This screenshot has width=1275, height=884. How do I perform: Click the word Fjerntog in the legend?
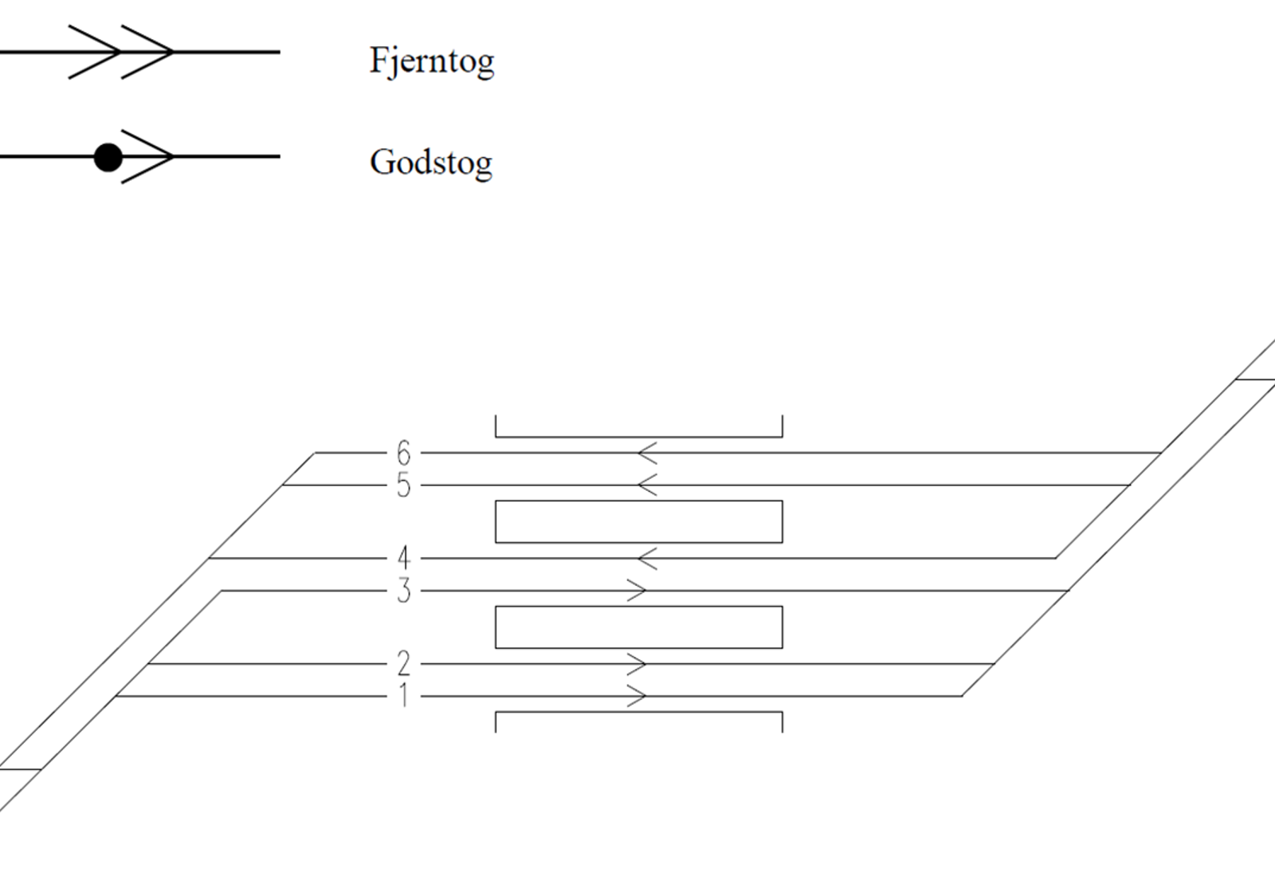(432, 61)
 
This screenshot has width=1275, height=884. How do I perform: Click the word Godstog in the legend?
(431, 163)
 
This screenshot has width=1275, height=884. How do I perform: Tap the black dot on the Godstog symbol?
(108, 157)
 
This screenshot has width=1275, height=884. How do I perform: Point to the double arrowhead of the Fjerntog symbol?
(120, 52)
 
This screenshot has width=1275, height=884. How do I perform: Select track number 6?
(403, 453)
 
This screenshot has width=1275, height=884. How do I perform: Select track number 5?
(403, 485)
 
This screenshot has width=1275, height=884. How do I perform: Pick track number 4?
(403, 559)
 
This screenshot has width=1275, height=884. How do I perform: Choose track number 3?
(403, 591)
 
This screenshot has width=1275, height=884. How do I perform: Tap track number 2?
(403, 664)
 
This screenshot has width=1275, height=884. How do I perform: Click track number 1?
(404, 696)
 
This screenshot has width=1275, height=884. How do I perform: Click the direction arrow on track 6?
(648, 453)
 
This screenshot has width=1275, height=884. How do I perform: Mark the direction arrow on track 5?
(648, 485)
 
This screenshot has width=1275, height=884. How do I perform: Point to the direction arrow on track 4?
(648, 559)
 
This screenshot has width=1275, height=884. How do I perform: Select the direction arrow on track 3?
(637, 591)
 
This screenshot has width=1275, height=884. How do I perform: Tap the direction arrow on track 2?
(637, 664)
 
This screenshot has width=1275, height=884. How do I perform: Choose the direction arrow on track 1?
(637, 696)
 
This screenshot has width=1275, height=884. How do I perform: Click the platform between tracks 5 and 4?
(639, 501)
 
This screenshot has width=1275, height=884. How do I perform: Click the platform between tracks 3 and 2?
(639, 607)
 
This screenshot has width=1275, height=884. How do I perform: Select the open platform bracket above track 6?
(639, 437)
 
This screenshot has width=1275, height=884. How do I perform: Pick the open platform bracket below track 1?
(639, 712)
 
